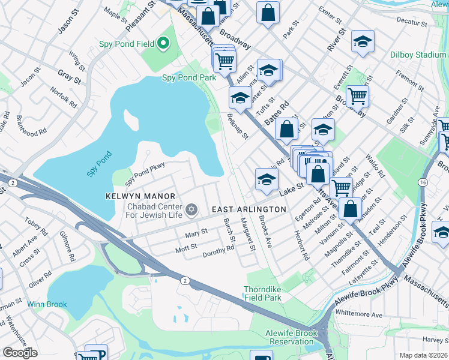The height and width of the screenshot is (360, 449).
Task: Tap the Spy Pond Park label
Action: (x=189, y=78)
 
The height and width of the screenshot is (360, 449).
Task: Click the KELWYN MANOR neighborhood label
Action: (x=140, y=196)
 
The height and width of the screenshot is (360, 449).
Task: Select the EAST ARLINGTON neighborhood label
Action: (x=249, y=209)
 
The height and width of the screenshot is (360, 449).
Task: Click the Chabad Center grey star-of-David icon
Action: (x=191, y=209)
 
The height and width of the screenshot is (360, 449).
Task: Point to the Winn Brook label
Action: (x=47, y=304)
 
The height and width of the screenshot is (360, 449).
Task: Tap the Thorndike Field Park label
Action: (x=263, y=293)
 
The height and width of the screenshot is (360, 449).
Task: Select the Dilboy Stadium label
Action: (x=418, y=55)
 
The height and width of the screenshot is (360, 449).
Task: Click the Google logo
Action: (x=20, y=352)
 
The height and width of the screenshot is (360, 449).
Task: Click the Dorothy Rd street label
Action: (x=218, y=252)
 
